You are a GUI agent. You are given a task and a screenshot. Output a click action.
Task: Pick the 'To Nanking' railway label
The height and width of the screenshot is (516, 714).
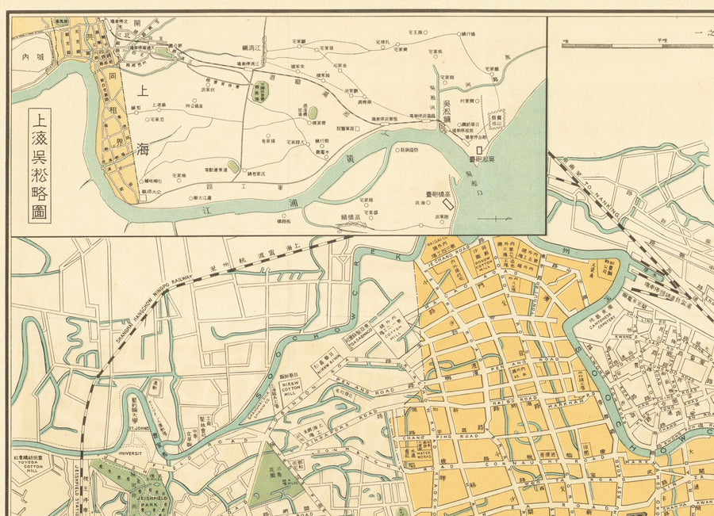tap(603, 189)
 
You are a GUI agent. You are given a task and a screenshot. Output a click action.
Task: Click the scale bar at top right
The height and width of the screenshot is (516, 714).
tap(635, 45)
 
